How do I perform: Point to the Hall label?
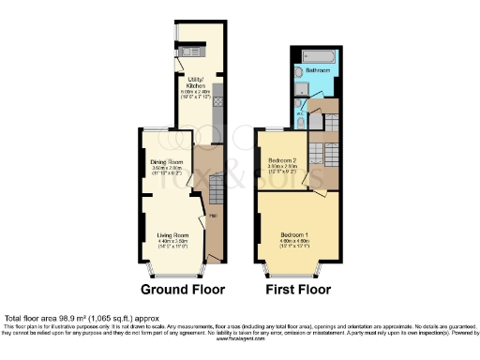(213, 217)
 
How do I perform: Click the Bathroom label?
(330, 68)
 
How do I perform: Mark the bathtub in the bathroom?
(319, 52)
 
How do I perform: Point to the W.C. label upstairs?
(302, 116)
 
